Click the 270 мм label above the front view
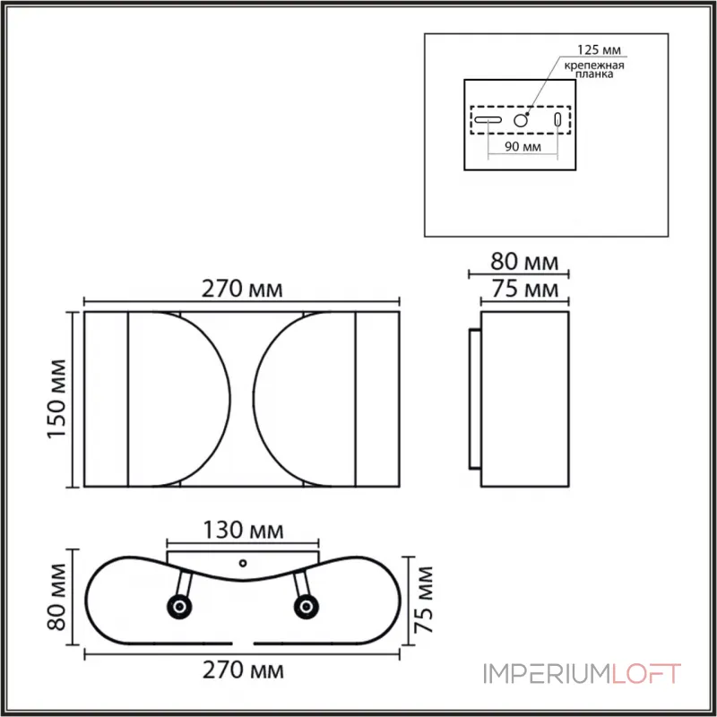242,289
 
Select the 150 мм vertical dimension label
56,400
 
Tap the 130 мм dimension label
242,530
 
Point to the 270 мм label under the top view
242,669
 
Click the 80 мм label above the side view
524,262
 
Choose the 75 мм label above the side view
524,289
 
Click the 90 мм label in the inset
523,148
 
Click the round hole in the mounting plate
522,119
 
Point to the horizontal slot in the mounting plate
488,119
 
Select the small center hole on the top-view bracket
243,564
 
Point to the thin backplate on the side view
474,400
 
